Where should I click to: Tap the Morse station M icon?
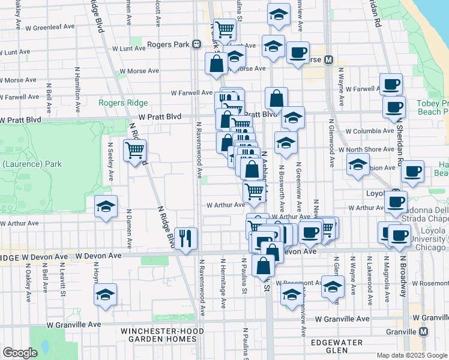329,59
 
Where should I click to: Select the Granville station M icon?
424,332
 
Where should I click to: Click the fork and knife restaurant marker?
185,238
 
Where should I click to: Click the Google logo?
20,353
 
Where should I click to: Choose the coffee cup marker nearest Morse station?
297,52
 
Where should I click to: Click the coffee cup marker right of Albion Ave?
413,171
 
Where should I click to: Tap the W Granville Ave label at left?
74,325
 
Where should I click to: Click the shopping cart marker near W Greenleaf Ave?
224,28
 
